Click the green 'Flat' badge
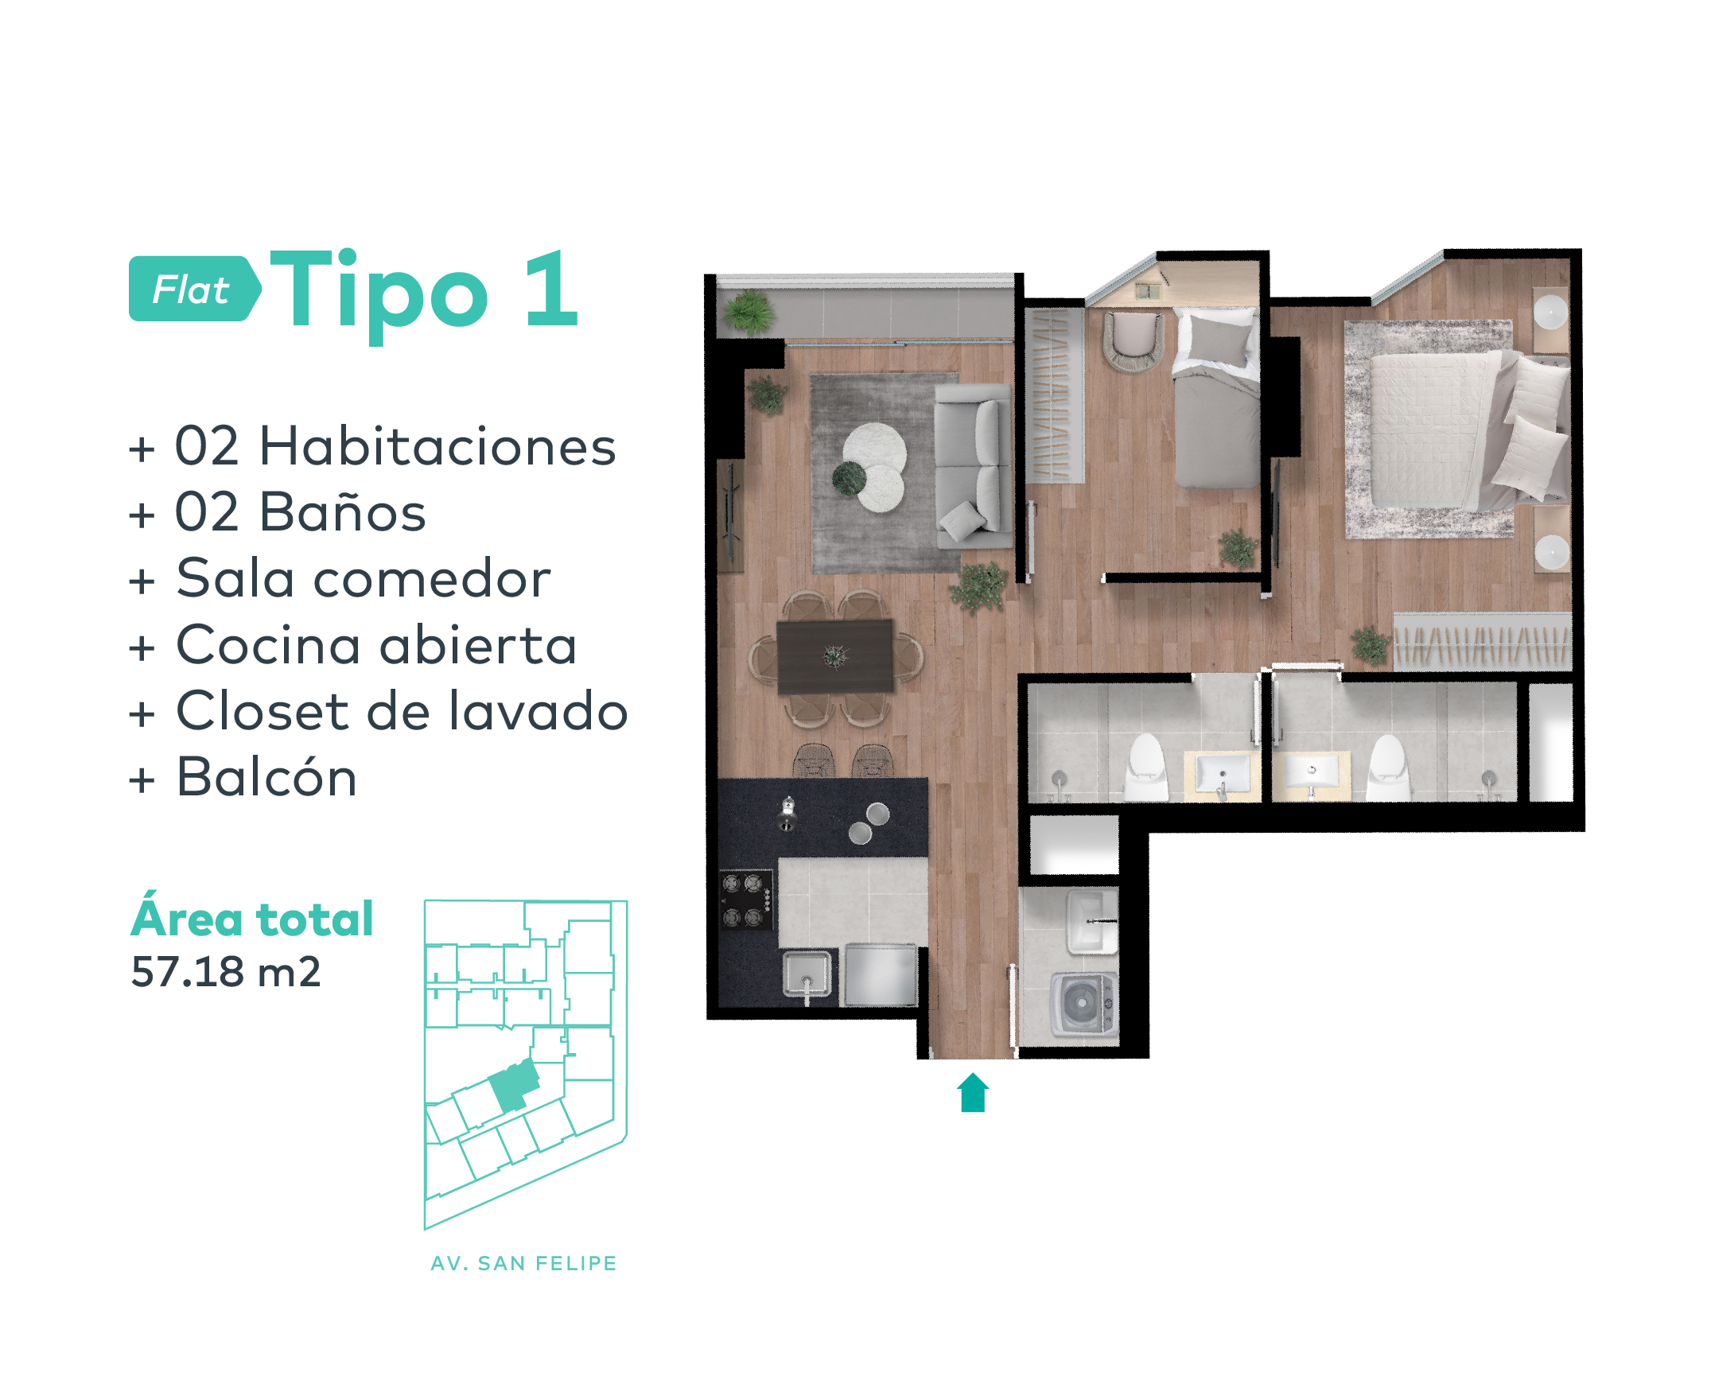click(x=195, y=289)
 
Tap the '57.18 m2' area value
click(x=226, y=972)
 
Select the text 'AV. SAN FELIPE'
click(x=523, y=1263)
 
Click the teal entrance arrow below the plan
click(x=973, y=1092)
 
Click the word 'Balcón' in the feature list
click(x=266, y=777)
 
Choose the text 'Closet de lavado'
click(x=402, y=710)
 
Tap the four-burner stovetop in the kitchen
click(x=746, y=900)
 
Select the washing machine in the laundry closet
click(x=1083, y=1004)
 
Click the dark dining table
click(x=834, y=657)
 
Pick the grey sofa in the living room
click(x=973, y=465)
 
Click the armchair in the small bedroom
click(x=1133, y=340)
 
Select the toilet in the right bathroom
click(x=1388, y=767)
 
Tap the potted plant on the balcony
click(x=749, y=310)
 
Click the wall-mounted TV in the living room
click(x=731, y=514)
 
